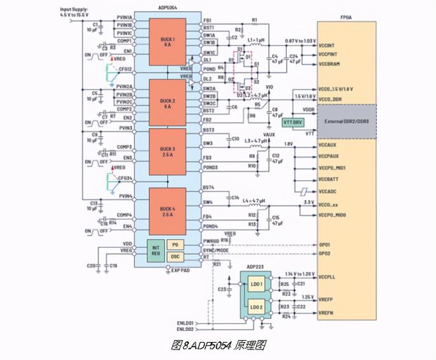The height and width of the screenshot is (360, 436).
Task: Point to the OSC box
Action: point(175,256)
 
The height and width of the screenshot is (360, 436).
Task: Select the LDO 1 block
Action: point(256,285)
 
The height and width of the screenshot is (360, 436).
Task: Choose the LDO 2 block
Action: point(256,307)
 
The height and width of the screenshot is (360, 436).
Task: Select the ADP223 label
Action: point(255,267)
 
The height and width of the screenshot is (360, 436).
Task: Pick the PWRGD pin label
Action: point(211,240)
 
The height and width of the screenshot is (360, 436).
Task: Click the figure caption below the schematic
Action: point(218,344)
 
